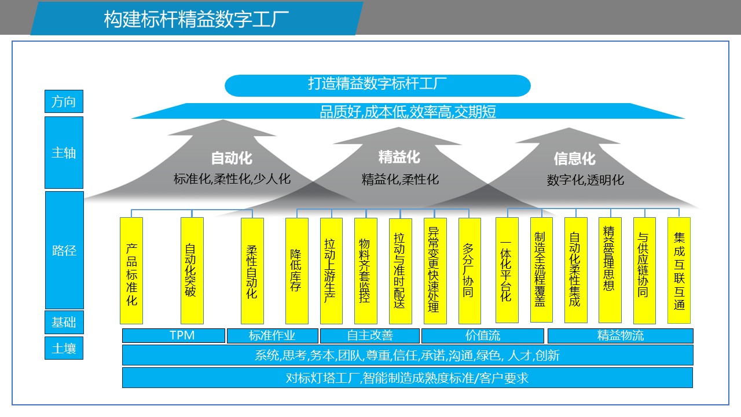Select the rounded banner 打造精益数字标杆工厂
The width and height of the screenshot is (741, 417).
coord(377,85)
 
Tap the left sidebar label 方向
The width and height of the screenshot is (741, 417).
coord(64,102)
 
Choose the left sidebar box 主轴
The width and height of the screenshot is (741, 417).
coord(64,153)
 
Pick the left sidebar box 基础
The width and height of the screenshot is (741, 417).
coord(64,322)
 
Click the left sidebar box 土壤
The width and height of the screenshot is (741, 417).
coord(64,348)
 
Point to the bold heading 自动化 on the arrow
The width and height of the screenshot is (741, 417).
coord(232,158)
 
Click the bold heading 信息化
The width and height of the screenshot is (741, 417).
coord(574,158)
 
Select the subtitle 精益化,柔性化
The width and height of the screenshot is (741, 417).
coord(400,179)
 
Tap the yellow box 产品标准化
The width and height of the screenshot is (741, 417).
coord(131,270)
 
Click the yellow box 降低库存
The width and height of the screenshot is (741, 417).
coord(296,270)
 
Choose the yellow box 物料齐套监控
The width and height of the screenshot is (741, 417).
coord(365,270)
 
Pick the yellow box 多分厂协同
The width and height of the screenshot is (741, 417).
coord(469,270)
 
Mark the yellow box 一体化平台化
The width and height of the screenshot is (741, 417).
coord(507,270)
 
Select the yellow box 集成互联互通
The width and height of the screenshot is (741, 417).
coord(678,270)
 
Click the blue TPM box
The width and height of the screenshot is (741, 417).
coord(174,335)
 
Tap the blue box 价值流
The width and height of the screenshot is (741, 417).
coord(482,335)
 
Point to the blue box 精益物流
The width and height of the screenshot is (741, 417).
coord(620,335)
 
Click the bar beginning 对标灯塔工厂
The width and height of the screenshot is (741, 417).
coord(407,378)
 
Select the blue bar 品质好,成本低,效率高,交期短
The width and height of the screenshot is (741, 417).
coord(408,111)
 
